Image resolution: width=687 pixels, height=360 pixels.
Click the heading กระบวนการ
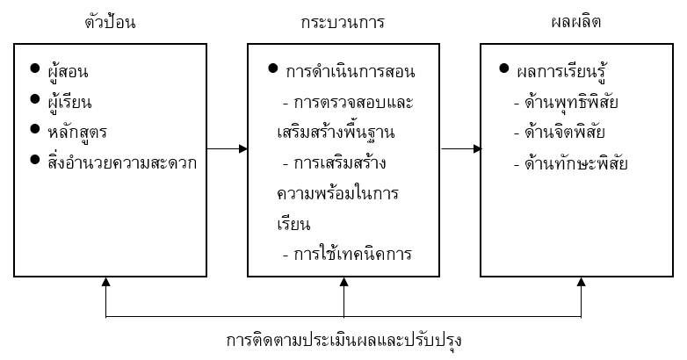342,20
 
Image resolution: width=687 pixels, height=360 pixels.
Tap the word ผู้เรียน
72,101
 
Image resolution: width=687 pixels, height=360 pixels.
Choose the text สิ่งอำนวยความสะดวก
123,162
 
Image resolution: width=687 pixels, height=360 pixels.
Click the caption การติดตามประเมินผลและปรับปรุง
343,339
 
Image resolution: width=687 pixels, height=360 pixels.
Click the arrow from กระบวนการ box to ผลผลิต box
461,149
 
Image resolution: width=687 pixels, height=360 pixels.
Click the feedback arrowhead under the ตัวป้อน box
105,284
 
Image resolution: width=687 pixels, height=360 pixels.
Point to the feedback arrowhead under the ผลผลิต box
581,284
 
